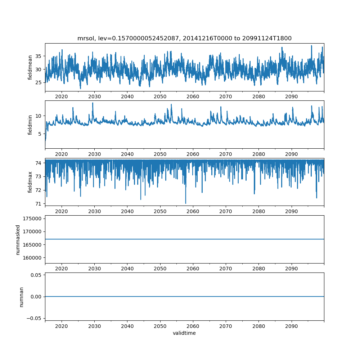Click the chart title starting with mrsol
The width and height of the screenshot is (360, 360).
point(184,38)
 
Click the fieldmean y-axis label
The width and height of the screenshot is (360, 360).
point(30,67)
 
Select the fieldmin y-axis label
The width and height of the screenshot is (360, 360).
point(30,125)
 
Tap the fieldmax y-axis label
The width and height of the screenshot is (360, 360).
point(30,182)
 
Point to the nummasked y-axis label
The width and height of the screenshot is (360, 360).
point(18,239)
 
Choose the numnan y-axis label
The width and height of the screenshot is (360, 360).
point(22,297)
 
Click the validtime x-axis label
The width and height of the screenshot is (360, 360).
point(184,333)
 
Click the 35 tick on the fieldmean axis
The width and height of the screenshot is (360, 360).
point(39,56)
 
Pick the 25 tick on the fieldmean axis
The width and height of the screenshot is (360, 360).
point(39,82)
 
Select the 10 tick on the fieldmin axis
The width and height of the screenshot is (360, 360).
point(39,116)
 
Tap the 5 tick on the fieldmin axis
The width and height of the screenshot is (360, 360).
point(40,134)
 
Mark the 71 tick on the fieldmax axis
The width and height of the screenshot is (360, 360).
point(39,204)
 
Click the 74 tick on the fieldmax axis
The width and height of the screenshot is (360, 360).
point(39,163)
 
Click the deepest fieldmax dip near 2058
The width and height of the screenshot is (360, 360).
point(186,203)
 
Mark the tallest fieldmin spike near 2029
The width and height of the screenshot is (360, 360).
point(93,103)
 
